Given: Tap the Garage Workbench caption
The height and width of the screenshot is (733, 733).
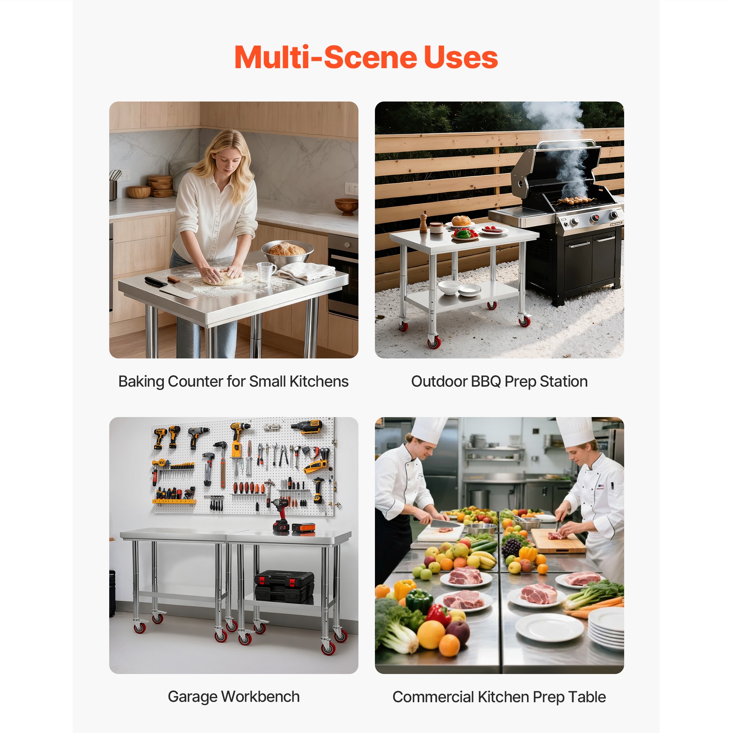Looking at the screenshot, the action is [x=234, y=697].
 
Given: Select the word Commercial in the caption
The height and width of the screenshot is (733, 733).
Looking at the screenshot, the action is [x=433, y=697].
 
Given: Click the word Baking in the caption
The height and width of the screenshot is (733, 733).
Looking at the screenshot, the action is [x=141, y=382].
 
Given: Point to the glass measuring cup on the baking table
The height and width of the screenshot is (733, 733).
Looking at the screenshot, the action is [x=266, y=271].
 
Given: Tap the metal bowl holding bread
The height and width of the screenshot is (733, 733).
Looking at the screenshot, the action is [x=287, y=253].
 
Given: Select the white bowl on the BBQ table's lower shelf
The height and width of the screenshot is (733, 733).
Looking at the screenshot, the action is [x=449, y=288].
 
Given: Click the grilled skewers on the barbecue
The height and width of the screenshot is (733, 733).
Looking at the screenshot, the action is [x=573, y=200].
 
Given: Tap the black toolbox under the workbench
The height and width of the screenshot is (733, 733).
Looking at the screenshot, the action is [x=284, y=587].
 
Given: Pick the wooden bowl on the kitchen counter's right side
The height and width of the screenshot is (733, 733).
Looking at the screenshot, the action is [x=346, y=206].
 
